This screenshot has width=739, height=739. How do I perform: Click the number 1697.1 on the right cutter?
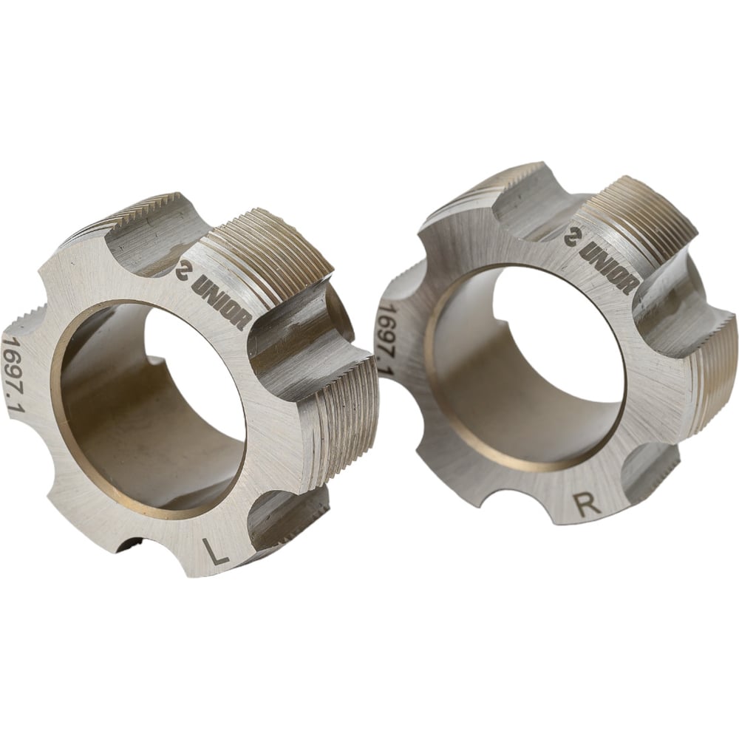point(385,338)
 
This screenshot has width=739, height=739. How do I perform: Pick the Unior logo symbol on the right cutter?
point(573,236)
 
